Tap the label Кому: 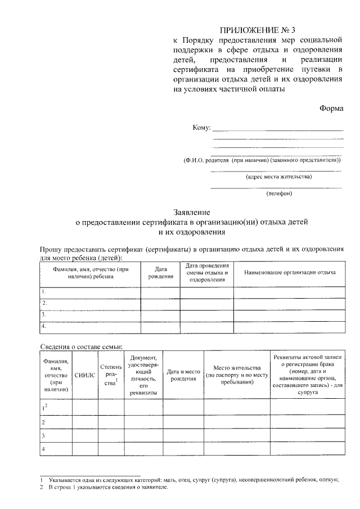click(201, 128)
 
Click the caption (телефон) click(278, 193)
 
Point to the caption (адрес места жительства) click(278, 177)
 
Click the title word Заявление click(192, 213)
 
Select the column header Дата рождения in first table click(160, 273)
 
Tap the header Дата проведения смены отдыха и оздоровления click(207, 272)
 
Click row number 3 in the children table click(44, 315)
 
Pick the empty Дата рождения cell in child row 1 click(160, 292)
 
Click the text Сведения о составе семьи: click(81, 346)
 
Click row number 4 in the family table click(43, 449)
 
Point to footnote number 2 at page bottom click(42, 488)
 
